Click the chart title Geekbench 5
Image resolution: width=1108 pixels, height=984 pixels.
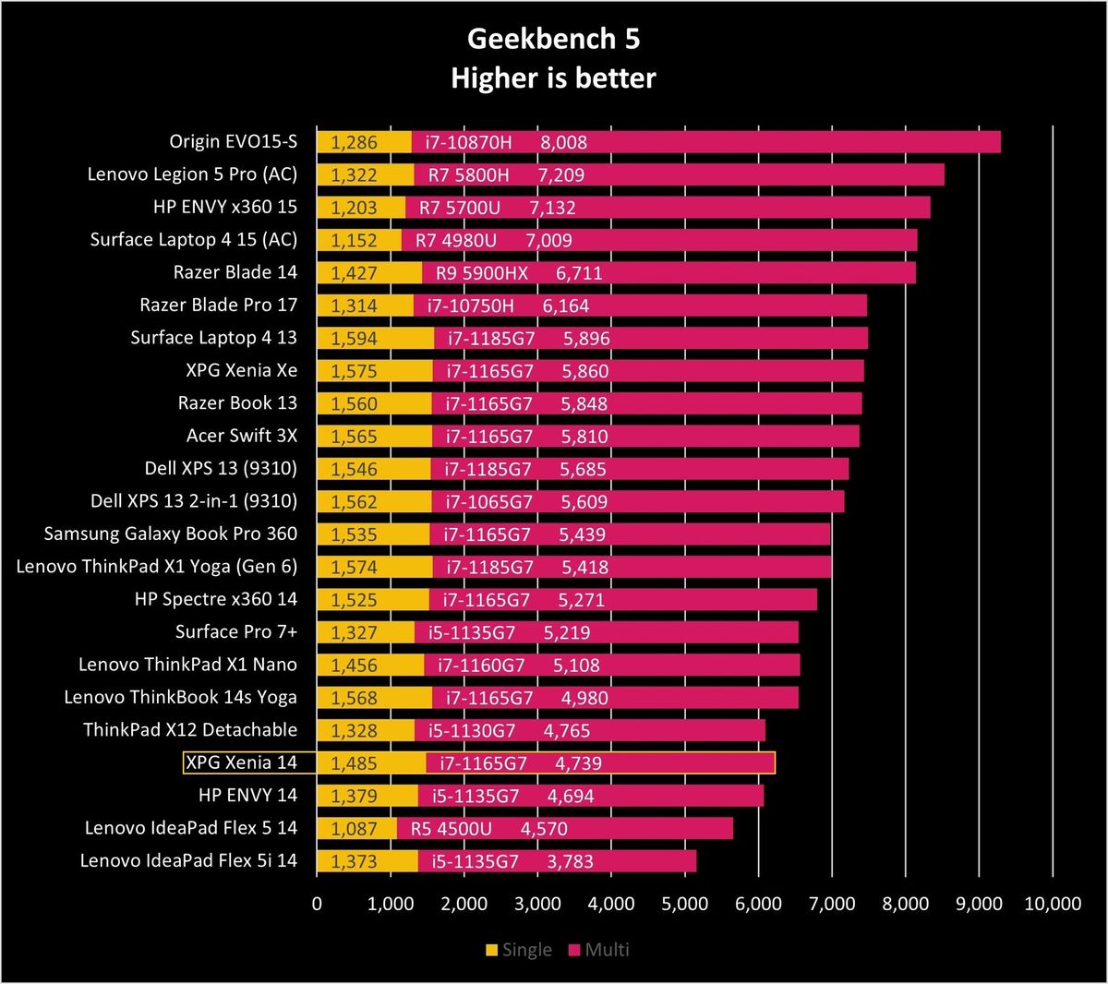[553, 39]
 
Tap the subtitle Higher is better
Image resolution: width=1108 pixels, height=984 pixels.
[553, 78]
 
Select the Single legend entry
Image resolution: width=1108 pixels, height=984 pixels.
[519, 950]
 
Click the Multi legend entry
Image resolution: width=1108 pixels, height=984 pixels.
[599, 950]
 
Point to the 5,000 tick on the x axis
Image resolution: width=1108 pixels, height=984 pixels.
[685, 904]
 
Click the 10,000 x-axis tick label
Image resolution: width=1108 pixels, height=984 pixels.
[1053, 904]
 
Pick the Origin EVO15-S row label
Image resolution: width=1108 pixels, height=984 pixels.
[234, 141]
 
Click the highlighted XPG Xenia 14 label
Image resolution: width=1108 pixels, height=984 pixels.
[241, 762]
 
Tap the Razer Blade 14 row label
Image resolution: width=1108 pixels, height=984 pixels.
[235, 271]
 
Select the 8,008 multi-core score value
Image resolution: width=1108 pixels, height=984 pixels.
[564, 142]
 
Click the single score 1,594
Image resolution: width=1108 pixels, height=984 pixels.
[354, 339]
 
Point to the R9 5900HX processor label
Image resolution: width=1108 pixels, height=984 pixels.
[482, 273]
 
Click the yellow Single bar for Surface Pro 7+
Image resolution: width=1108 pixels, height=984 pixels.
[366, 632]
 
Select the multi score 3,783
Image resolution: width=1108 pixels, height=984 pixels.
[571, 861]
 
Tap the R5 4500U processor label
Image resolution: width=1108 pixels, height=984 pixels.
[452, 828]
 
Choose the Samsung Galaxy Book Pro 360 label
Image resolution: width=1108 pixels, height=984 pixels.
[171, 533]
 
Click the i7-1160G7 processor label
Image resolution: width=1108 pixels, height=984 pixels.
[481, 665]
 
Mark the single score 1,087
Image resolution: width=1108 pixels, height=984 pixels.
[354, 828]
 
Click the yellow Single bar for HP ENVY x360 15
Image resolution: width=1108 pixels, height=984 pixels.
[361, 207]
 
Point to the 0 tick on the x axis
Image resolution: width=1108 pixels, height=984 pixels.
[317, 904]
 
